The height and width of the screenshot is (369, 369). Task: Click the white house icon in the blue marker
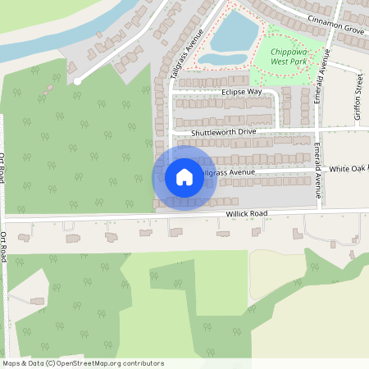184,177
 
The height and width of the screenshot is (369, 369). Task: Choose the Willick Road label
248,214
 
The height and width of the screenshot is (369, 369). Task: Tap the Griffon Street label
358,97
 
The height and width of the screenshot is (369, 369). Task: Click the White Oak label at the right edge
349,168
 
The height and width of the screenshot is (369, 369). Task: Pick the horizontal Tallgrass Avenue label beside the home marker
225,173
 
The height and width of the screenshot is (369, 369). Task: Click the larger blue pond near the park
235,30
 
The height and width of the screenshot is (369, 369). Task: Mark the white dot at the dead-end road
77,81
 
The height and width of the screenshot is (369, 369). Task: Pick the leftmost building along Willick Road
24,238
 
